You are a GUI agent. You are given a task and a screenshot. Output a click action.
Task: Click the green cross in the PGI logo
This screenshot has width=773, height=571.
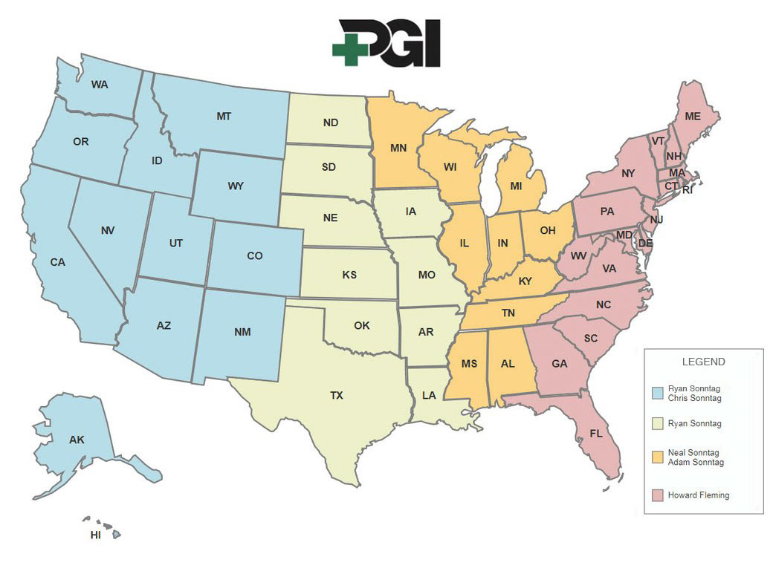pos(347,48)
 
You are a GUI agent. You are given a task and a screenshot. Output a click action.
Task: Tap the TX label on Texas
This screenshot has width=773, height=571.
pos(337,396)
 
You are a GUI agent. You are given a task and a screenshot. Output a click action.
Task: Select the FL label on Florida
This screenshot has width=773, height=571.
pos(595,433)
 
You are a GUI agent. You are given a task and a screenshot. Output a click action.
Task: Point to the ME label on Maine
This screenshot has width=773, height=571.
pos(693,117)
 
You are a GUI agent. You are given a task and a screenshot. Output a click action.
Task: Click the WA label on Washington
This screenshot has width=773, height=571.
pos(100,85)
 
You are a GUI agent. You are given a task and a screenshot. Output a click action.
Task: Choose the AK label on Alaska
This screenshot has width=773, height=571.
pos(77,440)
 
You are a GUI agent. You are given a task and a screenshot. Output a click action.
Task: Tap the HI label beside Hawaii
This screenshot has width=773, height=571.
pos(96,535)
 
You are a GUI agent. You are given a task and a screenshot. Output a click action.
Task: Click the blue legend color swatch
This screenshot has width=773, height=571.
pos(657,394)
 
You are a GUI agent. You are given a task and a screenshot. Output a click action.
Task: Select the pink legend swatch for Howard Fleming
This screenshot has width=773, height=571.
pos(657,495)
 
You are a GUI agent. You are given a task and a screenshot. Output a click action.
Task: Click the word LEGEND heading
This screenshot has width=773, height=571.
pos(703,362)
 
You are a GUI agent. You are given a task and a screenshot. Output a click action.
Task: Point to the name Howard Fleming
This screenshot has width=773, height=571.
pos(699,495)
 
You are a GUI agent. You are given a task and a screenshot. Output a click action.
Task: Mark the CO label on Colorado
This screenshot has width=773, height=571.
pos(255,255)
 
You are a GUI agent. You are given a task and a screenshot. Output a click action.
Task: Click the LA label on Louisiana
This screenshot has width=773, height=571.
pos(429,396)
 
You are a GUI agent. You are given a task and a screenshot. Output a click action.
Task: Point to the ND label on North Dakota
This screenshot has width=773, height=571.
pos(331,123)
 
